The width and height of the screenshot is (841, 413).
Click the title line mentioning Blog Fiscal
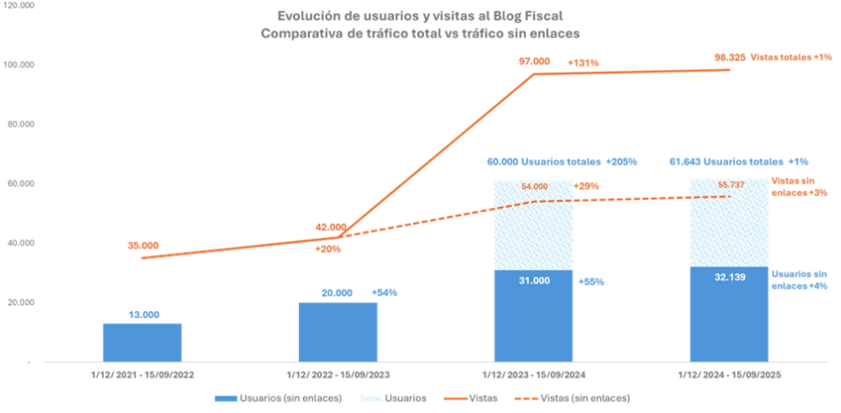click(420, 15)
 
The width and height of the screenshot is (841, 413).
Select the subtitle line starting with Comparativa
click(420, 32)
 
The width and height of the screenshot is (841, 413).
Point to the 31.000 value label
click(533, 281)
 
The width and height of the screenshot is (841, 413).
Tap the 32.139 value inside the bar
click(728, 278)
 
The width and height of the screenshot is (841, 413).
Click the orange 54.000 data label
click(533, 188)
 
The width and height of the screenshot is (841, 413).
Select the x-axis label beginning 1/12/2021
click(144, 376)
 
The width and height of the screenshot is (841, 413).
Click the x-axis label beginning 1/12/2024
click(729, 376)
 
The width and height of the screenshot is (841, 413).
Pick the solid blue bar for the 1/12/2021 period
click(142, 341)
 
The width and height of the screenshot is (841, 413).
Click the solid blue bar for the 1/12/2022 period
click(337, 332)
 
